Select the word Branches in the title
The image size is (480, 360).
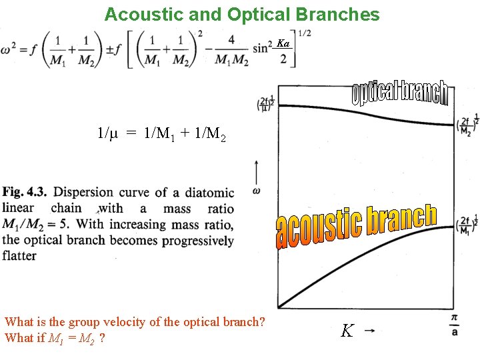coord(340,14)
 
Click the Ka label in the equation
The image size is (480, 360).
coord(283,44)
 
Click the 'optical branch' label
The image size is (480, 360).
coord(399,94)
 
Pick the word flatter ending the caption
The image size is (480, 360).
coord(20,256)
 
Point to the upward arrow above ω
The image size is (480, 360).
coord(257,170)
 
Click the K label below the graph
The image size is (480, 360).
coord(347,331)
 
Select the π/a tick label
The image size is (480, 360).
coord(454,325)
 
